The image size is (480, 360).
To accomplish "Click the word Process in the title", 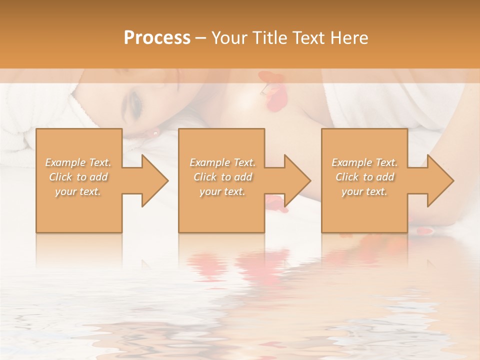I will [157, 38].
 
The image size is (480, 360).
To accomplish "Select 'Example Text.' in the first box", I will [78, 162].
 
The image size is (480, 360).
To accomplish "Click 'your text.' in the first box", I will [78, 191].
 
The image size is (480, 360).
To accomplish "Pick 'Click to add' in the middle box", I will [222, 177].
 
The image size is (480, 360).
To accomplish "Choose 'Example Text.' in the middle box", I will [222, 162].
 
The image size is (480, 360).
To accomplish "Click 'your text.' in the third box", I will [364, 191].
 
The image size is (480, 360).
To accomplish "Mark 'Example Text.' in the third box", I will [364, 162].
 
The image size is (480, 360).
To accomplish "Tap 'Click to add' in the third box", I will [364, 177].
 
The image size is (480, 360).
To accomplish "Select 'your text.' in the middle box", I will [222, 191].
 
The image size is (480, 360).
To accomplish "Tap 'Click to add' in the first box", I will [78, 177].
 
